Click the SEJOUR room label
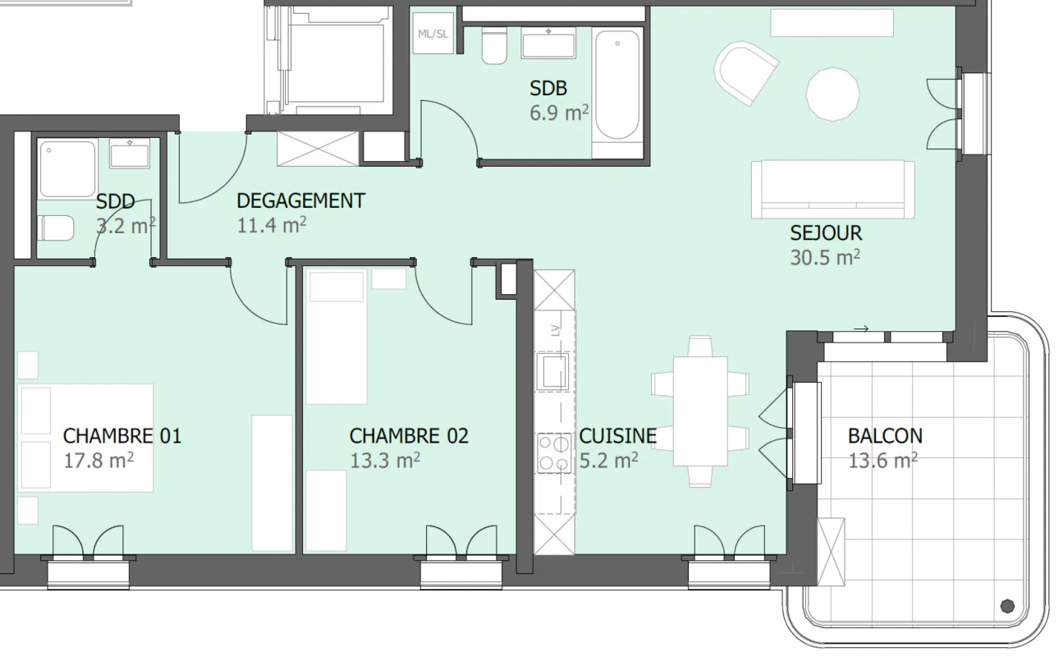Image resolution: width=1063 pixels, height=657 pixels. click(x=826, y=233)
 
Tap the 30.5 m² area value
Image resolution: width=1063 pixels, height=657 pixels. click(x=825, y=258)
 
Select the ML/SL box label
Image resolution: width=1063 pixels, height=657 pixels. click(x=433, y=34)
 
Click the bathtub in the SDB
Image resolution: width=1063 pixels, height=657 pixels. click(x=617, y=85)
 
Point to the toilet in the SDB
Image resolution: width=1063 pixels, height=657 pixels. click(x=494, y=46)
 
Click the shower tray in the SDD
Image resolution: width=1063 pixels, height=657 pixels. click(x=67, y=168)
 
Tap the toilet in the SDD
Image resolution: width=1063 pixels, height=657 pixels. click(x=56, y=227)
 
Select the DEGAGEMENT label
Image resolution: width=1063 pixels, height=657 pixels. click(x=301, y=201)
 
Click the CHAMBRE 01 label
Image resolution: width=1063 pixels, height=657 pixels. click(x=122, y=436)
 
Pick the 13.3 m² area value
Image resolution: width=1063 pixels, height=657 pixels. click(x=385, y=461)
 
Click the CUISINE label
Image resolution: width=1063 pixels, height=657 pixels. click(x=618, y=436)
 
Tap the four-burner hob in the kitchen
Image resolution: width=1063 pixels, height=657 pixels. click(x=554, y=453)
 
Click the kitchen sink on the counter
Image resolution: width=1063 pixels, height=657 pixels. click(x=553, y=371)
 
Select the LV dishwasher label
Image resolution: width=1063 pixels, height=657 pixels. click(x=556, y=330)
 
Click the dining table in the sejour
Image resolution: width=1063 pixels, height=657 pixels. click(x=700, y=411)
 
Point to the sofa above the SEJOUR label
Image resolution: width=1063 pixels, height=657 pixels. click(x=833, y=190)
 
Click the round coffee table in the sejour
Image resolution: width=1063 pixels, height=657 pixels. click(x=833, y=94)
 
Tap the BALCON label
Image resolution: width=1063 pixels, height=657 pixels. click(x=886, y=436)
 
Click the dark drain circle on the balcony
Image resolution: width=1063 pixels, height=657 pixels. click(x=1007, y=606)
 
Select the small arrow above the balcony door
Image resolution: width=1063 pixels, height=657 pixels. click(x=861, y=328)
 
